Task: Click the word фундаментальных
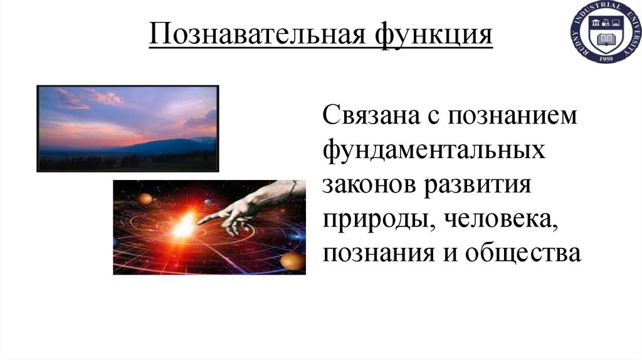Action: [433, 151]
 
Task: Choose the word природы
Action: [371, 220]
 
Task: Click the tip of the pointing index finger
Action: [200, 220]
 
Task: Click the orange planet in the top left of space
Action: [145, 199]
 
